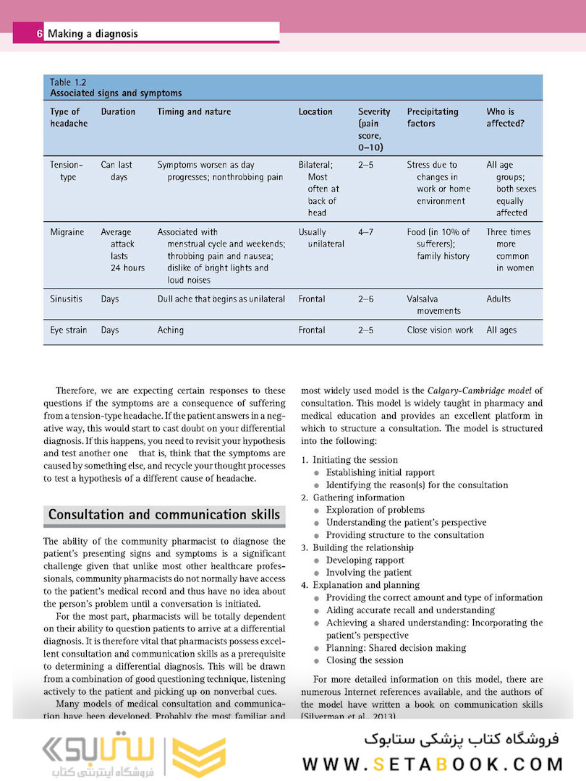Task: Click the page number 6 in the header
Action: (39, 33)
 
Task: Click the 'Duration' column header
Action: (118, 112)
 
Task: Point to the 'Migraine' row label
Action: (67, 232)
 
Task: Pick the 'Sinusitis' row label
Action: (67, 299)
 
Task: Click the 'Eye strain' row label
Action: (69, 330)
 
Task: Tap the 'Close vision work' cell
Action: (440, 330)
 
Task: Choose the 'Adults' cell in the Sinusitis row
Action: (498, 299)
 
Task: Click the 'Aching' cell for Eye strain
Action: (171, 330)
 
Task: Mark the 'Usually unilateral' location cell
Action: (321, 238)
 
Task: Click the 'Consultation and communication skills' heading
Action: (164, 515)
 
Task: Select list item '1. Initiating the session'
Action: (349, 460)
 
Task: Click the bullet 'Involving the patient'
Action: (369, 573)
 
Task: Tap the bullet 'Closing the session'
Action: (365, 660)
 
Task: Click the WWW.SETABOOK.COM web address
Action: (433, 764)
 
